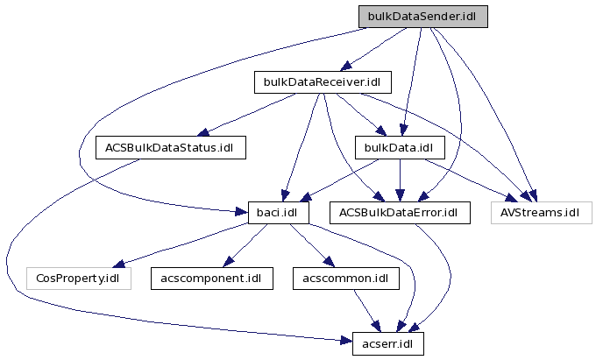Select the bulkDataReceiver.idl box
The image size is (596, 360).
point(322,82)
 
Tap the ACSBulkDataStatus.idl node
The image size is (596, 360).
point(170,146)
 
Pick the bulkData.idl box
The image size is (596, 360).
point(400,146)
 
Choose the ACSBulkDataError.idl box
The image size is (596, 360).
point(400,212)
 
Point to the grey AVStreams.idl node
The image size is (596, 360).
point(540,212)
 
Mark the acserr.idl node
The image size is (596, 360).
point(387,343)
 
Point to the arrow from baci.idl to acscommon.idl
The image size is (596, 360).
point(306,244)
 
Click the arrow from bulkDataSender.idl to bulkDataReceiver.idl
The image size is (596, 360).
point(372,49)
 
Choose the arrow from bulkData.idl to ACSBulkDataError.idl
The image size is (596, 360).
point(400,180)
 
